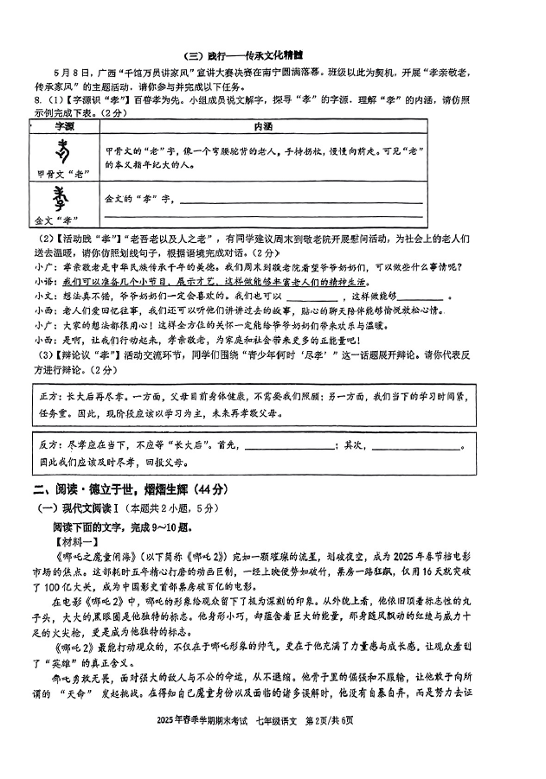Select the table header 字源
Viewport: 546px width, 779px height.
tap(63, 126)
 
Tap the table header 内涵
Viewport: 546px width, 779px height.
tap(261, 126)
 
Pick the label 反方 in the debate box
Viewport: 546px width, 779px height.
tap(48, 444)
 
